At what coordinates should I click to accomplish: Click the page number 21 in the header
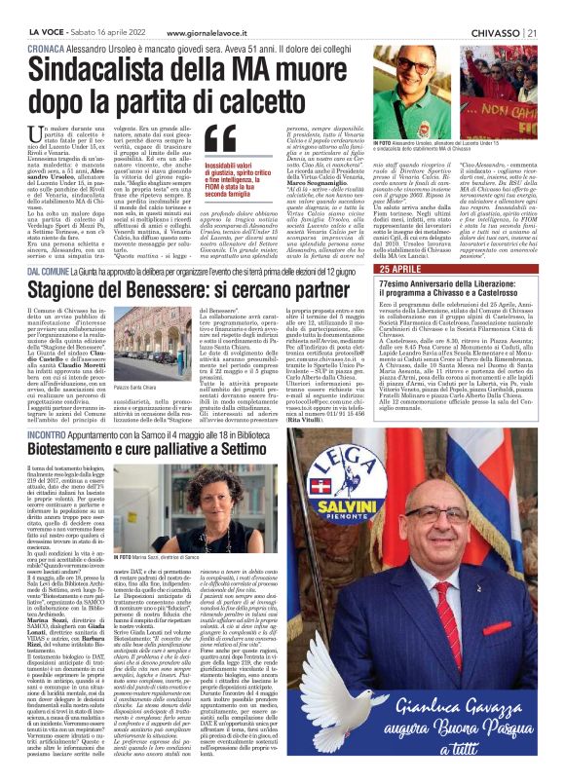point(552,9)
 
